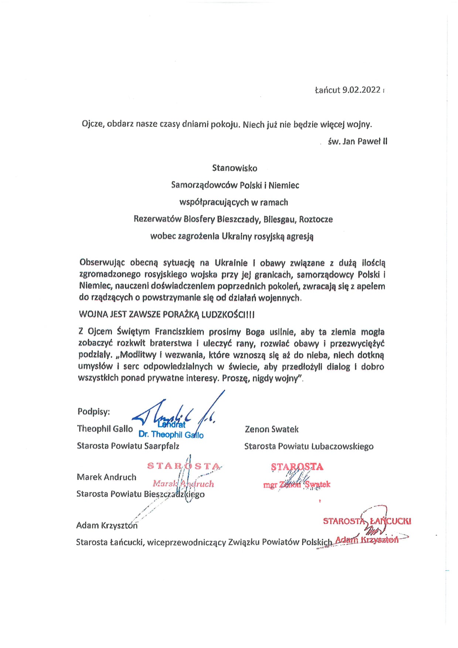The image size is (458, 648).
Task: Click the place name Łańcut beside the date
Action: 327,90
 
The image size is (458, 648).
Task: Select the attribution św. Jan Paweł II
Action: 358,141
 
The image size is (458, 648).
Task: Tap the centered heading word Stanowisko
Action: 235,168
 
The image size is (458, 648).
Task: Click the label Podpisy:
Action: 93,412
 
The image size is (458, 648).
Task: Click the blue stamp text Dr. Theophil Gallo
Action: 171,435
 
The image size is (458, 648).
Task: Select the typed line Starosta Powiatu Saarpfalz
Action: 128,446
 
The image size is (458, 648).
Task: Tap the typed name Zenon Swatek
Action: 271,429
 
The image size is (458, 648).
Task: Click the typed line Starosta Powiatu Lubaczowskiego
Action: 309,446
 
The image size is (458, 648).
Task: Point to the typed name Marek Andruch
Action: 106,477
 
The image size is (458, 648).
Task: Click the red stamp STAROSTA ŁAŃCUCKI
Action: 367,521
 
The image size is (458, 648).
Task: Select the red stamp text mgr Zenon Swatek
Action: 297,485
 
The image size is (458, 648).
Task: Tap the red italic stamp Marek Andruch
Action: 183,484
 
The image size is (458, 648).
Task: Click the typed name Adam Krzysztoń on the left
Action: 107,525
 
